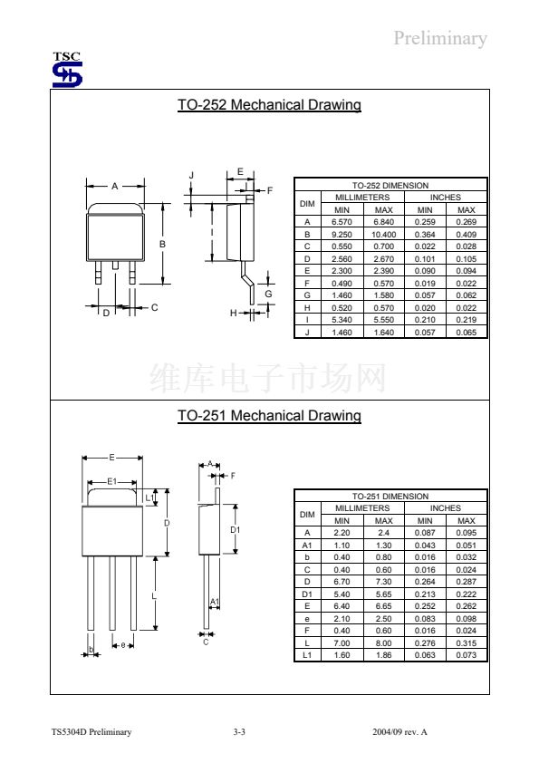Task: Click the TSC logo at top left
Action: pos(67,70)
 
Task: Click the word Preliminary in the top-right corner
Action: pos(439,38)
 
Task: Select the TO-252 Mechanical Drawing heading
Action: pos(269,104)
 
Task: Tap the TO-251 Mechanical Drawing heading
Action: pos(269,416)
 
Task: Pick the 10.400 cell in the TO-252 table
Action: pos(383,235)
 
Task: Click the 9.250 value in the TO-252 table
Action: pos(342,235)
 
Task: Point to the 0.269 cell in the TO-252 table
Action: pos(466,222)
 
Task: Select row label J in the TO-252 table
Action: pos(307,333)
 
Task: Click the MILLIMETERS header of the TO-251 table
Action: pos(362,508)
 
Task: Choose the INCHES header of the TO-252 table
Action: pos(445,198)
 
